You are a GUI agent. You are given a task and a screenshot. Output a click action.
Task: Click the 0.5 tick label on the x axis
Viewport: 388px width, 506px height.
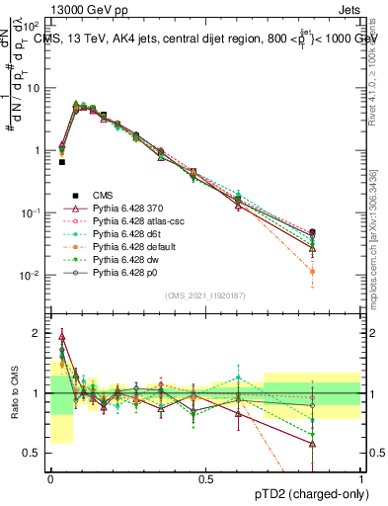pos(205,478)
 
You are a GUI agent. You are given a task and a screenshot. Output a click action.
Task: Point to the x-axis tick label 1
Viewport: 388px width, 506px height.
pos(361,478)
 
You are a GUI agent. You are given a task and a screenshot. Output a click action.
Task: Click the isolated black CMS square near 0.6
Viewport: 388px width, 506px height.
pos(61,161)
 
